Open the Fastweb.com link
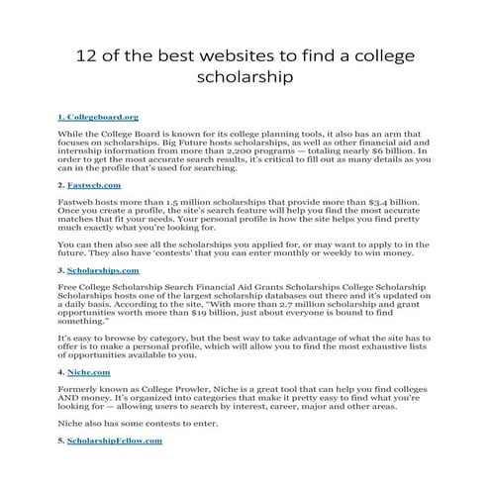[94, 185]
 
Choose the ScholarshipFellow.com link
[113, 441]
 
